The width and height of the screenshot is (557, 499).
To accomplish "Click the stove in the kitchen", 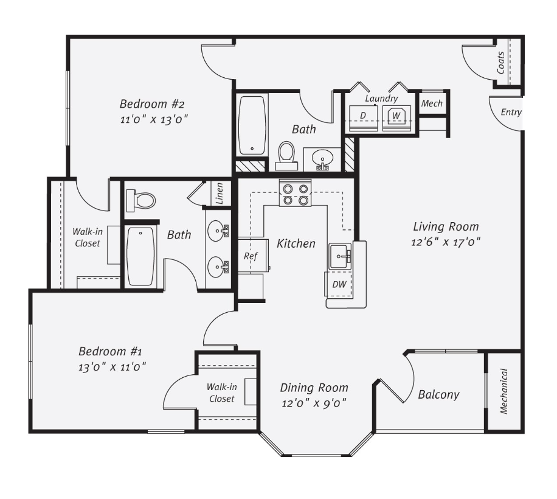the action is click(295, 192).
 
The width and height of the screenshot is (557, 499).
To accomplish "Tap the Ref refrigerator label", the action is click(251, 256).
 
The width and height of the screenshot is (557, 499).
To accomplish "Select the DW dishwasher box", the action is click(339, 284).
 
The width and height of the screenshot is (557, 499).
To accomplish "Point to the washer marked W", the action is click(396, 117).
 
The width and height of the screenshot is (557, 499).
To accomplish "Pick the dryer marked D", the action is click(363, 117).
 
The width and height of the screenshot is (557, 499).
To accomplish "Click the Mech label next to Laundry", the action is click(432, 103).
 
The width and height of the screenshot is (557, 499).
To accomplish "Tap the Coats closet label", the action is click(500, 63).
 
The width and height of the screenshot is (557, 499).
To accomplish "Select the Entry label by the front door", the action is click(511, 113).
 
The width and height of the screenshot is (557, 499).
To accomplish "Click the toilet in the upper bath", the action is click(286, 156).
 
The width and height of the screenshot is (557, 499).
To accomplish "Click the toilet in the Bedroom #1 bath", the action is click(141, 200).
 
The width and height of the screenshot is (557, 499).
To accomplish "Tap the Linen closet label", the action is click(220, 194).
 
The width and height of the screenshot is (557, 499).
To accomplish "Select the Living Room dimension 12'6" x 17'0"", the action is click(446, 242).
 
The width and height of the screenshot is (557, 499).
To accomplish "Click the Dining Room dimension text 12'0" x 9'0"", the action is click(314, 403).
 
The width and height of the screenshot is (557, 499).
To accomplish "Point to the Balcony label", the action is click(438, 394).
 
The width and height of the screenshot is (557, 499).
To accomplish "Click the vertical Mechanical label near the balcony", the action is click(503, 391).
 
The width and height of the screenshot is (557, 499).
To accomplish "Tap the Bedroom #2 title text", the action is click(152, 104).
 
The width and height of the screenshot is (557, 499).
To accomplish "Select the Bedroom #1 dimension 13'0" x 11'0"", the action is click(112, 366).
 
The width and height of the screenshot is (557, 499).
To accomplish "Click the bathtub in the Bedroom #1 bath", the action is click(141, 256).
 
